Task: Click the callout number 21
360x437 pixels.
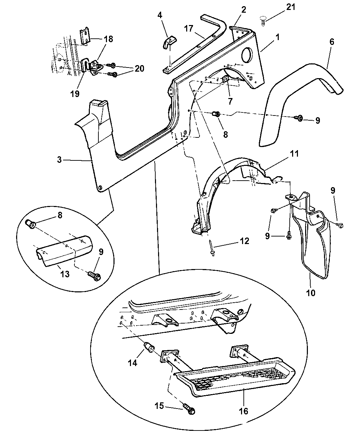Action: (290, 7)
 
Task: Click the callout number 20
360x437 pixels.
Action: (139, 69)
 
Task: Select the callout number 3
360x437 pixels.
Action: (60, 160)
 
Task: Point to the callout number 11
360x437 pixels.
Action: (294, 154)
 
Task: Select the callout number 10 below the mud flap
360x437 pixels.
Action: (311, 293)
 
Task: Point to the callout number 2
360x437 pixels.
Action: (243, 10)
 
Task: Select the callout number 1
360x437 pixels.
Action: (277, 37)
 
